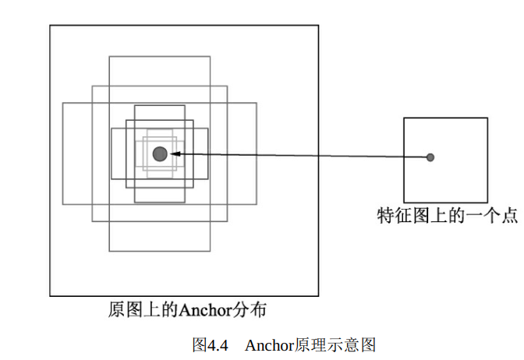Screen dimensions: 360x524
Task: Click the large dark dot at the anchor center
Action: (160, 154)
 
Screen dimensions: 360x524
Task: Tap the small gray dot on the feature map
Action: (430, 157)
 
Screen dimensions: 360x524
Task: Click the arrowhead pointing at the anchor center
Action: (175, 154)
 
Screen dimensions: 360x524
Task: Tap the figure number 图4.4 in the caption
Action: (209, 344)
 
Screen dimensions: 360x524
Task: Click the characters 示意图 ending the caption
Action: (352, 344)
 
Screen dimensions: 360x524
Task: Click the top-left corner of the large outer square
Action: (51, 26)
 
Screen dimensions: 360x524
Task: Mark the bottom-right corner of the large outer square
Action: (318, 296)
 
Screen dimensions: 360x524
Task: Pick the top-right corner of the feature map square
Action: (487, 118)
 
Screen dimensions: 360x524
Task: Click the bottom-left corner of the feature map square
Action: (404, 202)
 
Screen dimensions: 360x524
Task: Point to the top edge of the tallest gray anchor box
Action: (160, 56)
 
